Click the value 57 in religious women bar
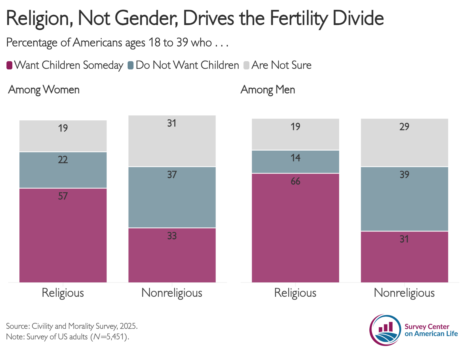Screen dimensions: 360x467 pos(63,196)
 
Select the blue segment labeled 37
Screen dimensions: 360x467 pos(172,197)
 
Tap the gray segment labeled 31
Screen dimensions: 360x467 pos(172,141)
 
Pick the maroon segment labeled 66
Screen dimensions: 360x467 pos(295,228)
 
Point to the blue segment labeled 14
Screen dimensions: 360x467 pos(295,162)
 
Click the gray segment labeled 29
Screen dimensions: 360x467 pos(404,143)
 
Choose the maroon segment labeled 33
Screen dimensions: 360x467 pos(172,255)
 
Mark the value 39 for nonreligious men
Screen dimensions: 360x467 pos(404,175)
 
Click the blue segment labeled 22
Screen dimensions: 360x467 pos(63,170)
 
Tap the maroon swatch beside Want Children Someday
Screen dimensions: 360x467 pos(9,65)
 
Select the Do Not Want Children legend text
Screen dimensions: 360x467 pos(187,65)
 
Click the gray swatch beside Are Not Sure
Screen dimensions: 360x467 pos(246,65)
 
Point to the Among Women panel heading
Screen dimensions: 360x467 pos(44,90)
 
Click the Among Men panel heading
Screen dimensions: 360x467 pos(268,90)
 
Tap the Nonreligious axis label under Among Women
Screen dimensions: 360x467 pos(172,293)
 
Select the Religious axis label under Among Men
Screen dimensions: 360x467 pos(295,293)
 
